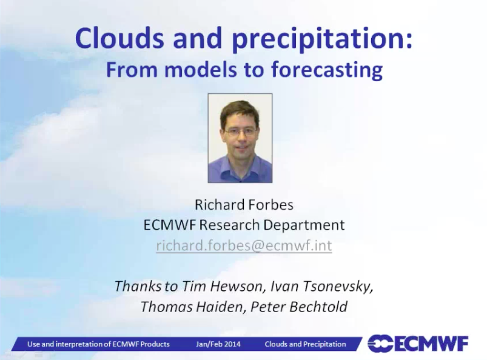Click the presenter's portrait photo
click(240, 138)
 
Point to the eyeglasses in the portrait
click(240, 132)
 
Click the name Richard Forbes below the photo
click(244, 205)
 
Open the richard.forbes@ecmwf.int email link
click(244, 245)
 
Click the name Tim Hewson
click(222, 286)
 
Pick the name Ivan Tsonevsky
click(322, 287)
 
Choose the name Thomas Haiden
click(192, 307)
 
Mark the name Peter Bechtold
click(299, 307)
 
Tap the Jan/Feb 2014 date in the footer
click(218, 344)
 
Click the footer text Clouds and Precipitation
click(305, 344)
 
